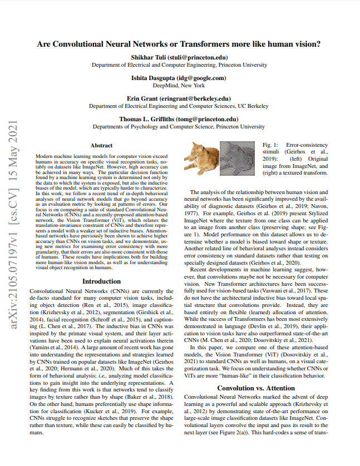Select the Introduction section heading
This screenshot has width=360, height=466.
(x=101, y=281)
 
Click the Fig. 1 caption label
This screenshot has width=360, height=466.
(x=271, y=144)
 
